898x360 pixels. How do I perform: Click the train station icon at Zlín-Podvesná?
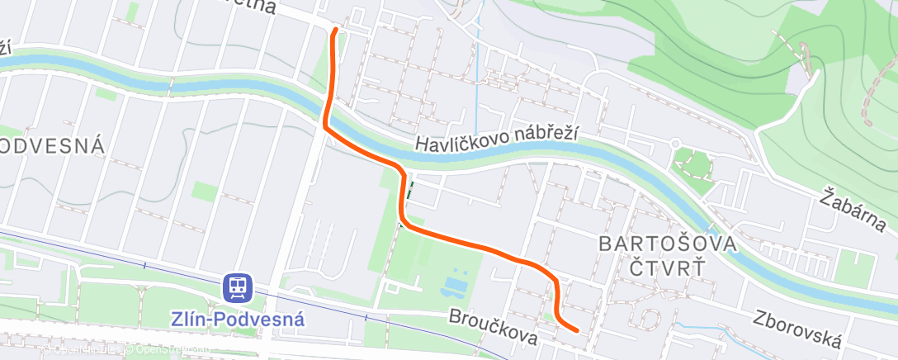pyautogui.click(x=238, y=287)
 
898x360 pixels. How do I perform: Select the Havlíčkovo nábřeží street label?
pyautogui.click(x=496, y=138)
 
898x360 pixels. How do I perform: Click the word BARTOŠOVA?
pyautogui.click(x=667, y=244)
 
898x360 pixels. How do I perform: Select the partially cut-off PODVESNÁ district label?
pyautogui.click(x=52, y=146)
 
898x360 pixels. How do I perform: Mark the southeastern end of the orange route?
pyautogui.click(x=575, y=330)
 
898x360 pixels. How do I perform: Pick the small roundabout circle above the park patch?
pyautogui.click(x=674, y=143)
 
